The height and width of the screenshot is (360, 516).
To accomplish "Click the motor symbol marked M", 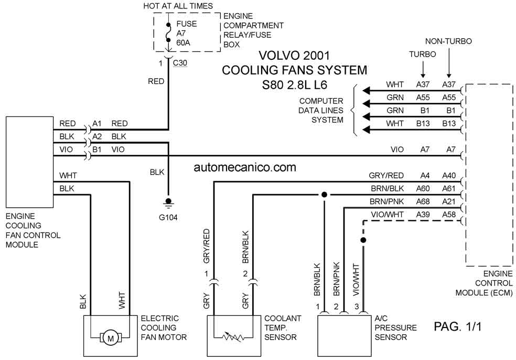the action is (x=111, y=338).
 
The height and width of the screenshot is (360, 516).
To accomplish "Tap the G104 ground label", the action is (x=168, y=217).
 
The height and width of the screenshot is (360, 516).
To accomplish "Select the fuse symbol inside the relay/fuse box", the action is (x=168, y=33).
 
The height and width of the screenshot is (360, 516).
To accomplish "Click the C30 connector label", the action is (x=180, y=62).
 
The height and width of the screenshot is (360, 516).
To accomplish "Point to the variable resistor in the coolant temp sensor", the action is (x=233, y=336).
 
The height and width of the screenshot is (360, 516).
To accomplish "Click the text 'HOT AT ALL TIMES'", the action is (x=178, y=6).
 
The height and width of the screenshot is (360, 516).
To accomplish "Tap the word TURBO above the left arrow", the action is (x=423, y=55).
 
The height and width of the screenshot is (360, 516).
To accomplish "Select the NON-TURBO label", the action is (x=448, y=41).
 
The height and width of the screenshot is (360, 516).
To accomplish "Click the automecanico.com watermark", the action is (x=245, y=167).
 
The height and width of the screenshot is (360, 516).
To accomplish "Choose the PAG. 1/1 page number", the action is (x=457, y=326).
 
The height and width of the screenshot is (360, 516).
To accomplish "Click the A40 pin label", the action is (x=449, y=176).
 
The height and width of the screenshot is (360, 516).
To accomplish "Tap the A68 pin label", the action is (x=423, y=201).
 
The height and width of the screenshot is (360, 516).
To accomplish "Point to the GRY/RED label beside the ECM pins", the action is (x=386, y=176).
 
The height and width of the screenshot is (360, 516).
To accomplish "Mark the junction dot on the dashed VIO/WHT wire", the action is (x=363, y=240).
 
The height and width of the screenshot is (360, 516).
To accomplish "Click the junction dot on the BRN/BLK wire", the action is (x=324, y=195).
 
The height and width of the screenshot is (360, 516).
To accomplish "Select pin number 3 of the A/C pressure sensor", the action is (x=357, y=306).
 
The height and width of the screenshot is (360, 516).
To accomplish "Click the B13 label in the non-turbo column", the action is (x=449, y=123).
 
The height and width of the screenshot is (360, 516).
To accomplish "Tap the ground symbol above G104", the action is (x=168, y=203).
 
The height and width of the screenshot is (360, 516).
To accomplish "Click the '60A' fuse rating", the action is (x=184, y=43).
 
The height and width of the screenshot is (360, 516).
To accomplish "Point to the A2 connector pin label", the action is (x=96, y=136).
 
